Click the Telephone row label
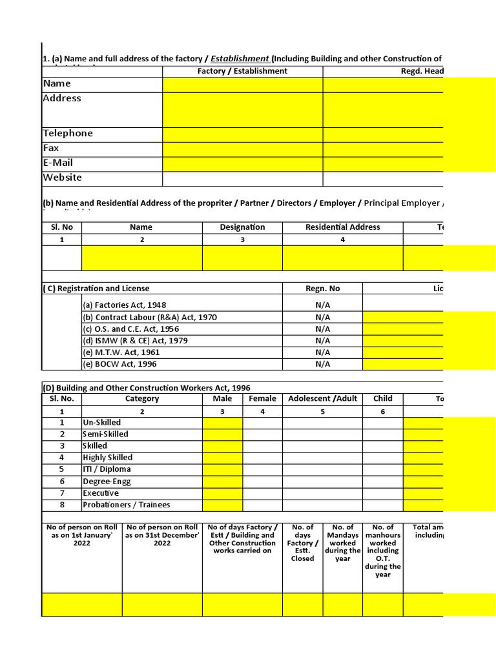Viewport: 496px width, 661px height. coord(68,134)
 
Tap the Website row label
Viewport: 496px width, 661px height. coord(63,178)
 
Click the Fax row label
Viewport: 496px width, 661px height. coord(51,148)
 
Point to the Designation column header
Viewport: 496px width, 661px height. coord(242,227)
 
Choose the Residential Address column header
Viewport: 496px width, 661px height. coord(342,227)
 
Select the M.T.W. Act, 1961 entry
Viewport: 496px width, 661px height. coord(121,352)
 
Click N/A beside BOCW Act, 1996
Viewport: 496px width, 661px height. coord(322,364)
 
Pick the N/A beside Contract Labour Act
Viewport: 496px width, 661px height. coord(322,318)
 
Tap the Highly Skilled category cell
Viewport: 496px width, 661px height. coord(107,458)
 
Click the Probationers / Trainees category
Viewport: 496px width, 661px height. coord(127,505)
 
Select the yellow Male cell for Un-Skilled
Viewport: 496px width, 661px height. coord(222,423)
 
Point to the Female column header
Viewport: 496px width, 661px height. coord(262,399)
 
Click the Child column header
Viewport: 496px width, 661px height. coord(382,399)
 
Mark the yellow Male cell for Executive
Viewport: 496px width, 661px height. coord(222,493)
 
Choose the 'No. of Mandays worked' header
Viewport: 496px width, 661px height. coord(342,543)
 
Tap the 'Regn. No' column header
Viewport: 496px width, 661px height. coord(322,289)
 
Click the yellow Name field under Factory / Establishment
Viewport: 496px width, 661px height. coord(242,85)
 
